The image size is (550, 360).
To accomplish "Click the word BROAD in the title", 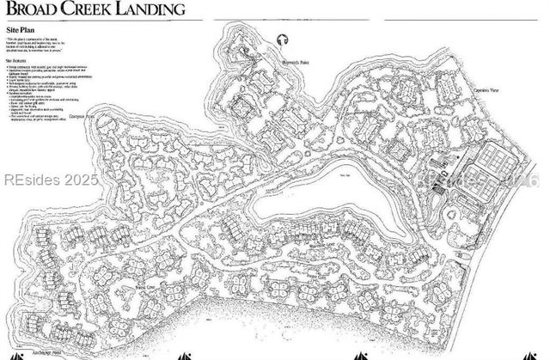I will [x=34, y=10].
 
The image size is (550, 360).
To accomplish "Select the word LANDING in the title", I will [x=155, y=10].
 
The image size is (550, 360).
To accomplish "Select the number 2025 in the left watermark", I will [x=81, y=181].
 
